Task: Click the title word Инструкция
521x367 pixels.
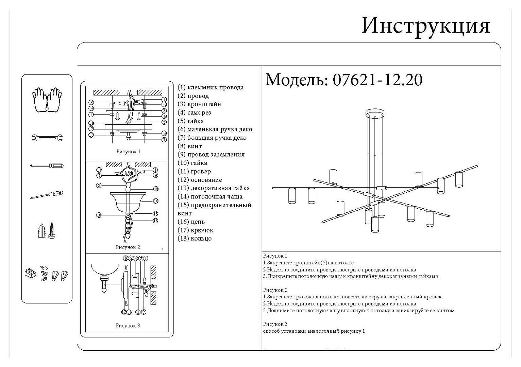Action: click(x=425, y=25)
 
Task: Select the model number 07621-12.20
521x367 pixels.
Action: click(x=377, y=80)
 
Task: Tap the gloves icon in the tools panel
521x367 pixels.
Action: click(x=47, y=100)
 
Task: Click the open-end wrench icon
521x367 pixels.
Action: click(x=47, y=138)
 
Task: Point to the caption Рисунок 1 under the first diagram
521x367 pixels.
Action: click(x=128, y=152)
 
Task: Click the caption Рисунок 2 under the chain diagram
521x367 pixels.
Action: click(x=128, y=247)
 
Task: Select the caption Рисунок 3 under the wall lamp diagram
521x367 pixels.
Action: click(x=128, y=326)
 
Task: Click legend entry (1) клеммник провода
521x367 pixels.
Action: click(x=211, y=87)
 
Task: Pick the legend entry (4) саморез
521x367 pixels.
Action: click(x=194, y=112)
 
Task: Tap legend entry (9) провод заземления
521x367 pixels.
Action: click(x=211, y=154)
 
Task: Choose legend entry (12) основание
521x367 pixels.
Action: click(x=200, y=180)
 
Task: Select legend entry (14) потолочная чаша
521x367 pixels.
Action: click(x=210, y=196)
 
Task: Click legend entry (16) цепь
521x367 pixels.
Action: click(x=191, y=222)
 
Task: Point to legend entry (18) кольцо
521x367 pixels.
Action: click(x=195, y=238)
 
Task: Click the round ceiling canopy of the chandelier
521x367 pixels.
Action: click(x=374, y=112)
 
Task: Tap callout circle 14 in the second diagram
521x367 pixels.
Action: click(x=156, y=201)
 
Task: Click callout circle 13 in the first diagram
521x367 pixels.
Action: click(x=91, y=135)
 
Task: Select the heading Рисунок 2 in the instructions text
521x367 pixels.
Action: click(x=275, y=290)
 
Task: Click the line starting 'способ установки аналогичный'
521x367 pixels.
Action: click(x=314, y=331)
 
